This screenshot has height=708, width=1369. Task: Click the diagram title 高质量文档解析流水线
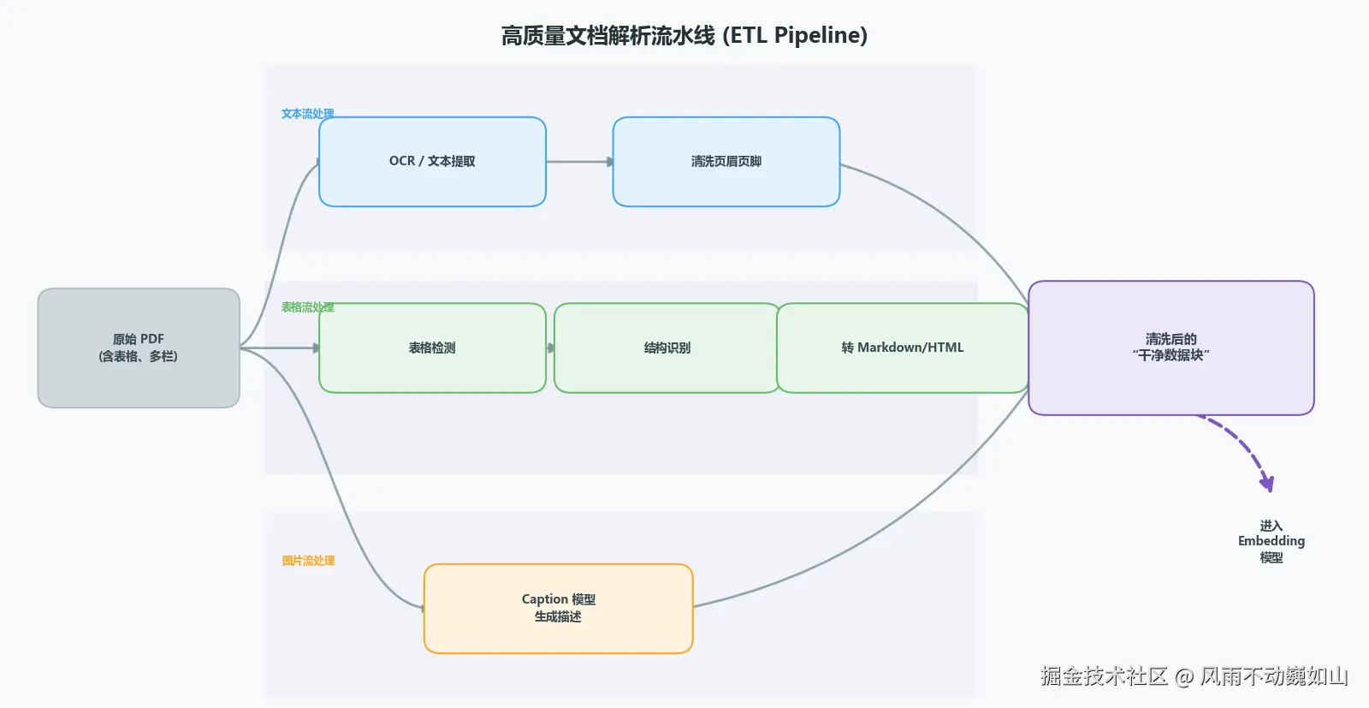click(607, 35)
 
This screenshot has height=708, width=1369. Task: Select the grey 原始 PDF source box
click(139, 348)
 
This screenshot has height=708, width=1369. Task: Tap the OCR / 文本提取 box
click(432, 162)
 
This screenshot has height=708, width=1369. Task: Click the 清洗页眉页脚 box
click(726, 162)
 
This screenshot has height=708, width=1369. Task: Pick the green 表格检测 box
click(432, 348)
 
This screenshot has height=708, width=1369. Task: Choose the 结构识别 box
click(667, 348)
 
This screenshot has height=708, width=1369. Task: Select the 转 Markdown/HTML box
click(902, 348)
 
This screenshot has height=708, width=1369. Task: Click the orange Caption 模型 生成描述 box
click(558, 608)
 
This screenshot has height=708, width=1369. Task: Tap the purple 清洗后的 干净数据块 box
click(1170, 348)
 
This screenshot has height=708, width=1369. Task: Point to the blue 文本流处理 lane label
click(307, 114)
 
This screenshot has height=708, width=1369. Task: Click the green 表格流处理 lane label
click(307, 307)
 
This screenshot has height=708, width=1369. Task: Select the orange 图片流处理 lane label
click(308, 561)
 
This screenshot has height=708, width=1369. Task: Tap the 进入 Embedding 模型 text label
click(1271, 541)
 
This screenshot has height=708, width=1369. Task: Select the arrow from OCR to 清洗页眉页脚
click(578, 162)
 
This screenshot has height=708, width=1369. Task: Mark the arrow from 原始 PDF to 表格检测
click(280, 348)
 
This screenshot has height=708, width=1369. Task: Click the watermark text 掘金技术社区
click(1104, 676)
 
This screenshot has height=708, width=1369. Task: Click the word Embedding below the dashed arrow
click(1271, 541)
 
